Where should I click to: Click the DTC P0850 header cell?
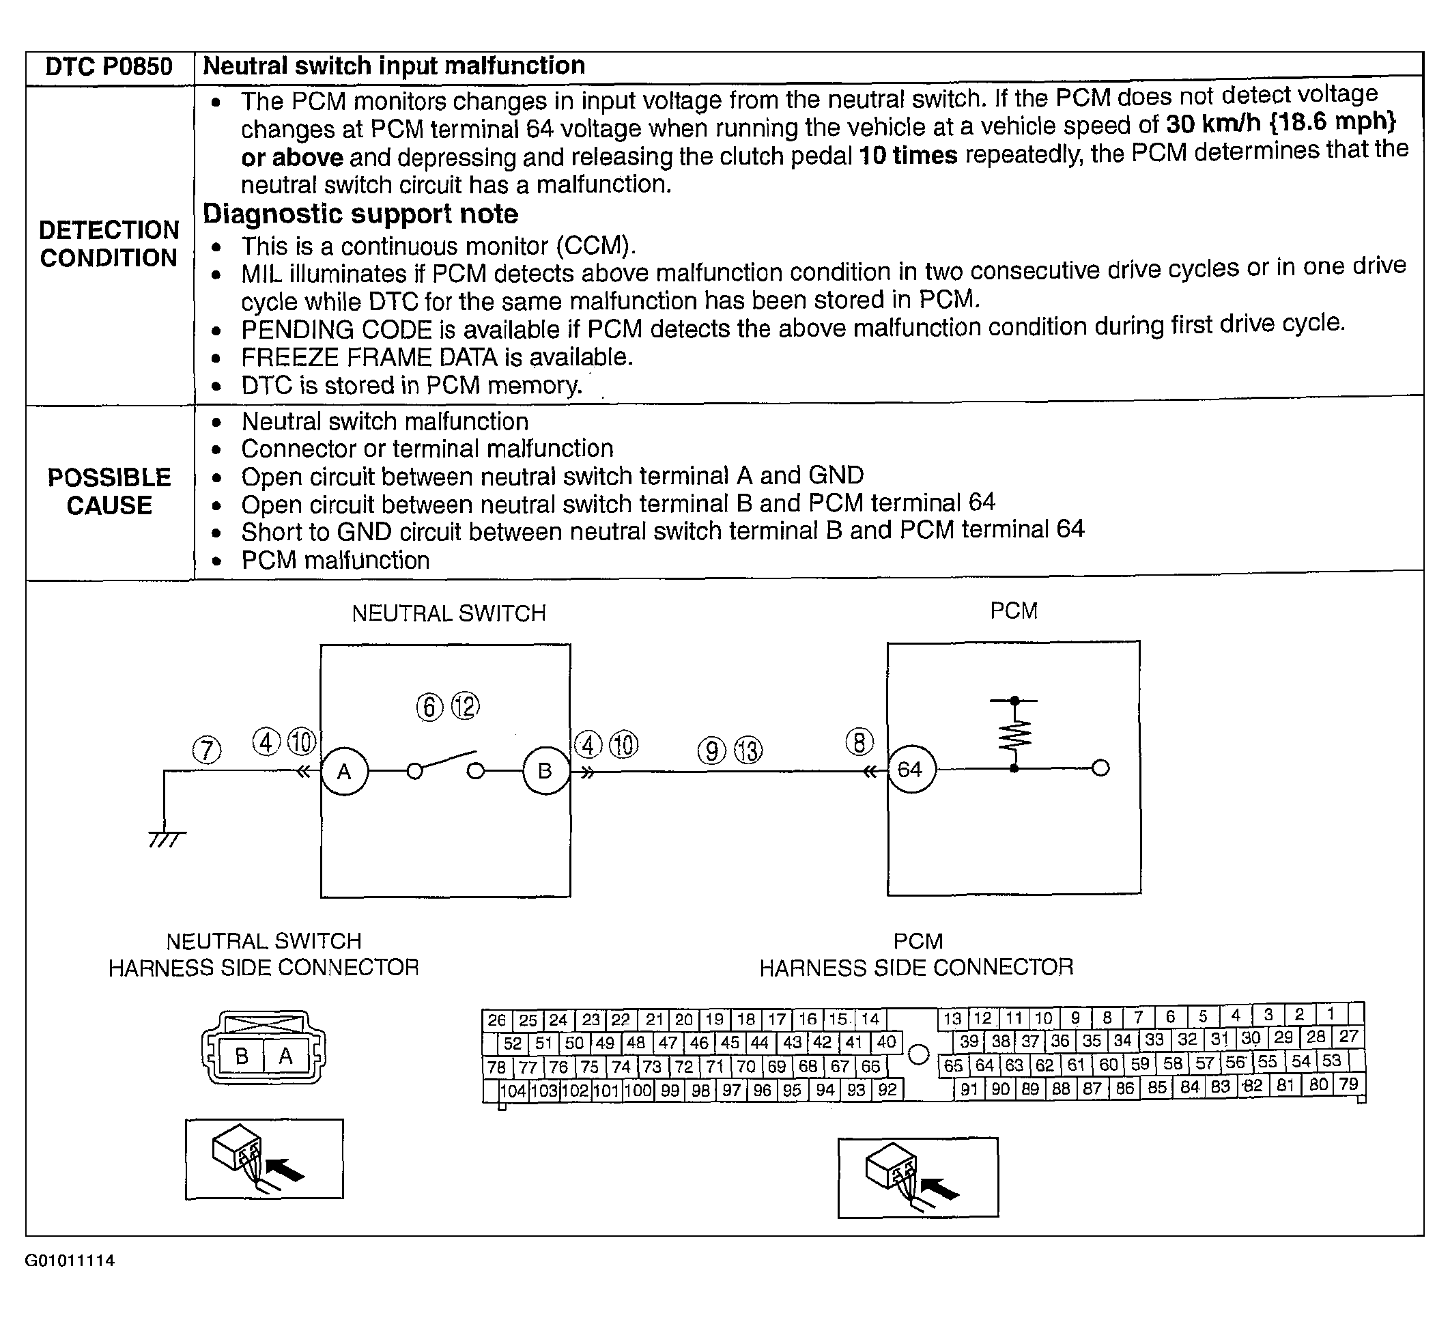coord(109,67)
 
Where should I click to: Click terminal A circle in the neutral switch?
coord(345,771)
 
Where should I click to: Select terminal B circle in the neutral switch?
coord(545,771)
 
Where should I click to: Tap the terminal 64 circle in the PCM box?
coord(911,770)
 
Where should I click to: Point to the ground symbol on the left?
coord(166,838)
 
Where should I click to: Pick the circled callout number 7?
coord(206,751)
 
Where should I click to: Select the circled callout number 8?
coord(859,742)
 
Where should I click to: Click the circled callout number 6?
coord(429,707)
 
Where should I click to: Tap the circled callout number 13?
coord(748,751)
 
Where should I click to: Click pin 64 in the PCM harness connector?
coord(984,1065)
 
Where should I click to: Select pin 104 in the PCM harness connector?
coord(513,1091)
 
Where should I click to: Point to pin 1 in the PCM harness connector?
coord(1331,1014)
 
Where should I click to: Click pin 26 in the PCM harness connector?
coord(496,1020)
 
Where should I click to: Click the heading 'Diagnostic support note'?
coord(360,214)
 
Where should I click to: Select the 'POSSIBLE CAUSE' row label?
coord(109,492)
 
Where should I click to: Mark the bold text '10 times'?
coord(908,156)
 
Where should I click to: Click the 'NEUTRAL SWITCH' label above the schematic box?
coord(449,613)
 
